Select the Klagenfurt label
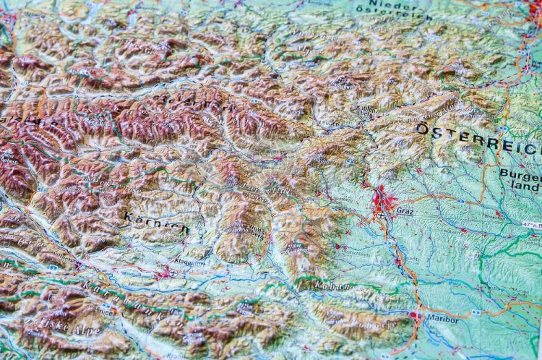point(189,263)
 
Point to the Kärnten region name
point(156,222)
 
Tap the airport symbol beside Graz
point(381,215)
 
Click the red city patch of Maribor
point(415,316)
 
